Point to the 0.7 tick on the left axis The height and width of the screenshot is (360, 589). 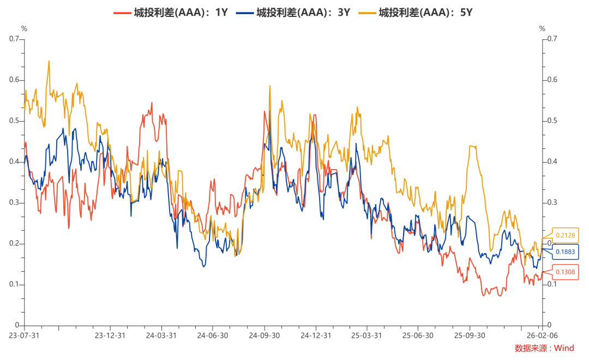pos(14,39)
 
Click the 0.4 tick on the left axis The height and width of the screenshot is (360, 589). pos(14,161)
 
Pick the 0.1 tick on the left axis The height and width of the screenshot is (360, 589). pos(14,284)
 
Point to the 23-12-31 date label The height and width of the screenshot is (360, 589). pos(110,335)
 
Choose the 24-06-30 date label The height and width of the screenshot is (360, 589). pos(213,335)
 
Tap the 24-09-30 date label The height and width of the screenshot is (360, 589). pos(264,335)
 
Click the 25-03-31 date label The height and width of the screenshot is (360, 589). pos(366,335)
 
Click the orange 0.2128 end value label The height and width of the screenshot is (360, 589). pos(566,236)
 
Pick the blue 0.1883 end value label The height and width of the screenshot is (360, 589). pos(566,252)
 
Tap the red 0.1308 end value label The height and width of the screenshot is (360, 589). pos(566,272)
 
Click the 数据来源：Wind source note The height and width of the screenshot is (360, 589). pos(544,348)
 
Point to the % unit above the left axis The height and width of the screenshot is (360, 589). pos(23,28)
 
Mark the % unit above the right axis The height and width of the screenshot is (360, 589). pos(542,28)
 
